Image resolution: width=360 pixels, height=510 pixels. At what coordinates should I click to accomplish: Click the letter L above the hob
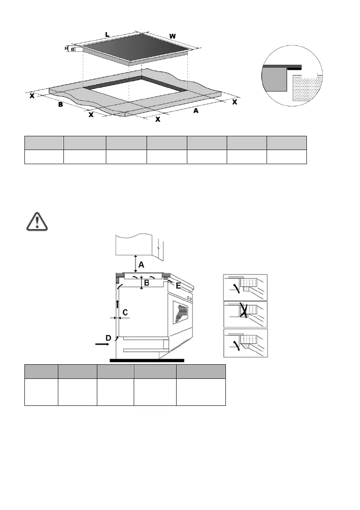point(107,34)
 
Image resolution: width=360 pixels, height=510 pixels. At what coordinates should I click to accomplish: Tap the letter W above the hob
point(172,36)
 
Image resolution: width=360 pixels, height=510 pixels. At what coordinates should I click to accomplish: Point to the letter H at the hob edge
point(66,49)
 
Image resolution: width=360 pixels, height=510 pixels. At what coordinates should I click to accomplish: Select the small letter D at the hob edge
point(73,50)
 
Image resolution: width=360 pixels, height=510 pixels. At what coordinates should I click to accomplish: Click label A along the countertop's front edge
point(196,111)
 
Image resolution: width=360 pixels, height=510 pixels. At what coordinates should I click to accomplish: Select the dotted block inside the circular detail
point(306,88)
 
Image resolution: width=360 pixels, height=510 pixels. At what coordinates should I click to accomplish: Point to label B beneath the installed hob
point(146,283)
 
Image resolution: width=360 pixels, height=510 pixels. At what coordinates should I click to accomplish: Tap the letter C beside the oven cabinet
point(125,313)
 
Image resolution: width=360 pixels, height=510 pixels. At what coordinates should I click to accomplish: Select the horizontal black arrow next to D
point(102,344)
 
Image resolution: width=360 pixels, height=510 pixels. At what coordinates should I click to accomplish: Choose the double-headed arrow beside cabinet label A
point(136,263)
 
